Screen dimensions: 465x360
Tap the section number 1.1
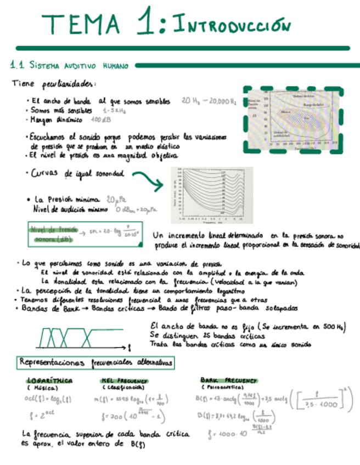(17, 65)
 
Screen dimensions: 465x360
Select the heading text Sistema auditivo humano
(78, 66)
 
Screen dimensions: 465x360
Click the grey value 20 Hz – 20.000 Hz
(209, 101)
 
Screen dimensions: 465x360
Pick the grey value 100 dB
(100, 119)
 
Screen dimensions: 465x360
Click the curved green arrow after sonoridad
(148, 180)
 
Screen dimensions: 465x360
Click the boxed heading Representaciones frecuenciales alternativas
(97, 362)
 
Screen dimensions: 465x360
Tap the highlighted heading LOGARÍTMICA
(49, 381)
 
